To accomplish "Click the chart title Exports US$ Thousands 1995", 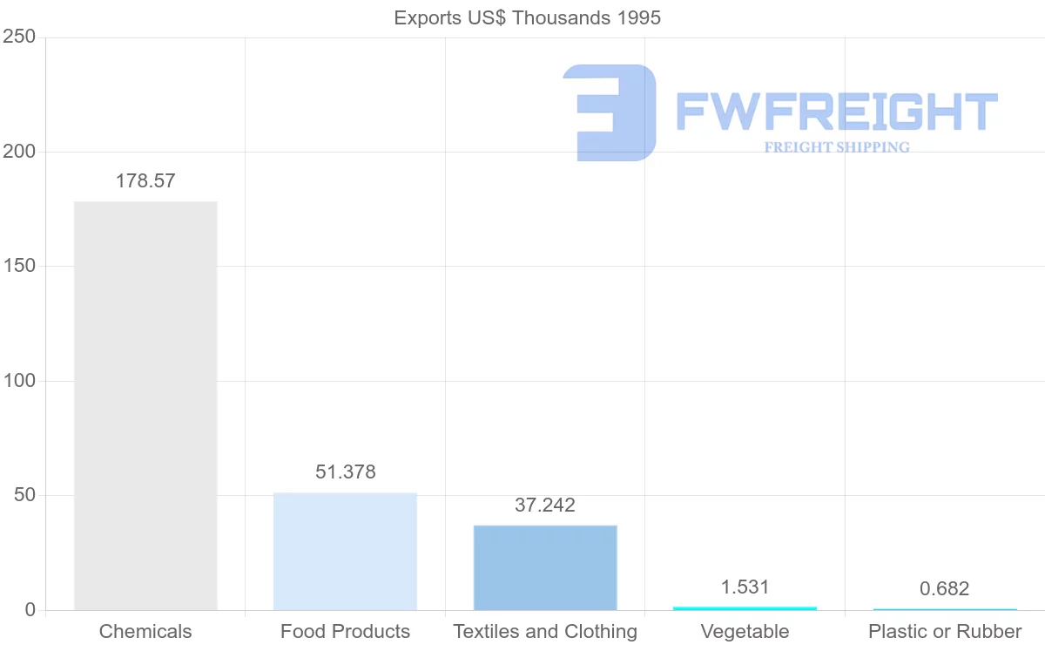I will coord(527,17).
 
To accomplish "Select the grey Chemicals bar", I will coord(145,405).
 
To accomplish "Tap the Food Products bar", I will coord(345,551).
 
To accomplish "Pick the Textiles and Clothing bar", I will coord(545,567).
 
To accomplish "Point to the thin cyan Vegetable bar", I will coord(745,607).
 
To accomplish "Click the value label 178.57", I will coord(145,181).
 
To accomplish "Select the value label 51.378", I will coord(345,472).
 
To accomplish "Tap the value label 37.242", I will coord(545,505).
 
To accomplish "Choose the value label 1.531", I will coord(745,587).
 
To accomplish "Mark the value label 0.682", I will coord(944,589).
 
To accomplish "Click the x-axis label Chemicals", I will coord(145,632).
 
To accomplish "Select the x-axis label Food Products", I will coord(345,632).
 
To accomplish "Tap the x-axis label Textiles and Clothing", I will coord(545,632).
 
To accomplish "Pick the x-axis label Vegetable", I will coord(745,632).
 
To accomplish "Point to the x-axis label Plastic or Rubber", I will coord(944,632).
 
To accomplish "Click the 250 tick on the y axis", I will coord(18,37).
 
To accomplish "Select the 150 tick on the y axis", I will coord(18,266).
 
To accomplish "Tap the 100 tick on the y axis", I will coord(18,381).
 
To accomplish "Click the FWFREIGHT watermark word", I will coord(836,112).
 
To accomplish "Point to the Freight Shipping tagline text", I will coord(836,147).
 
